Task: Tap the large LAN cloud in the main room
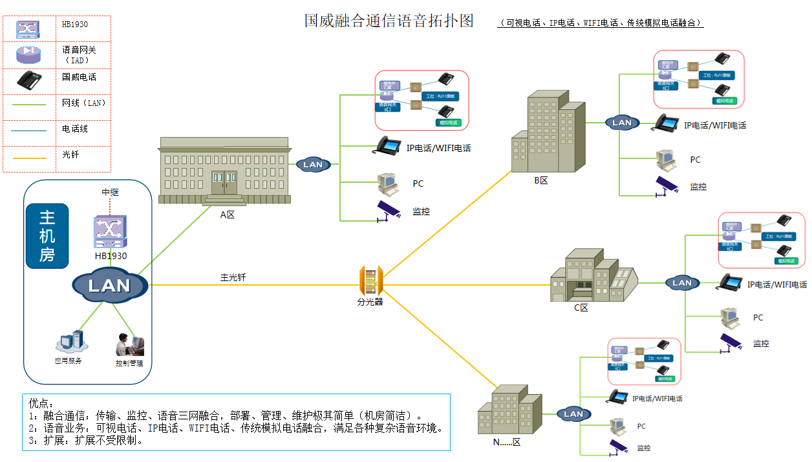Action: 110,286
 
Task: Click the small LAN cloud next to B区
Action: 621,122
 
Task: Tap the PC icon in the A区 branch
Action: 387,184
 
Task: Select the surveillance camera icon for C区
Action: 731,342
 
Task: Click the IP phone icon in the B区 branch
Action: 667,123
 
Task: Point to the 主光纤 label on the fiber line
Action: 233,277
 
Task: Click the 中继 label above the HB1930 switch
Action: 111,193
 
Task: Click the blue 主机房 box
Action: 47,236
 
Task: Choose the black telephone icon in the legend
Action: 28,80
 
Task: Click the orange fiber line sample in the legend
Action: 28,157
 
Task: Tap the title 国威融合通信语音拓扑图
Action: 389,21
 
